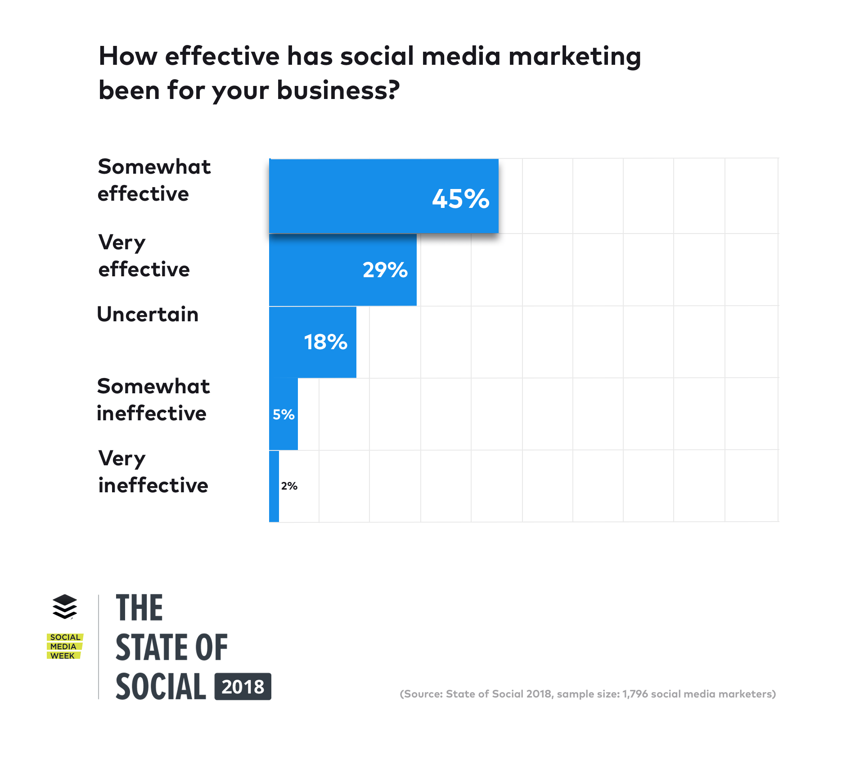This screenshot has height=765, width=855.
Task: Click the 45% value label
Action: (460, 198)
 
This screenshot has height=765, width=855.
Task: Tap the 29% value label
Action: (385, 270)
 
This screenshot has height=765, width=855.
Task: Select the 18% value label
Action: (326, 342)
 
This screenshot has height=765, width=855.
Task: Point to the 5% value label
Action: (283, 414)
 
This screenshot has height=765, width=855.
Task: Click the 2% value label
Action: (289, 486)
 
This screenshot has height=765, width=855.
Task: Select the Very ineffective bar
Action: (274, 486)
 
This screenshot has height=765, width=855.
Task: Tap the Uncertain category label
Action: (148, 314)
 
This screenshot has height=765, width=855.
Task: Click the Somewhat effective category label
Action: (154, 180)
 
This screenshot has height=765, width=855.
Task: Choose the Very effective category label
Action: (144, 256)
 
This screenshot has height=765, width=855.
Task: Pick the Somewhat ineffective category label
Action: (153, 400)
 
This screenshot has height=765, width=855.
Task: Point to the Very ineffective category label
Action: (153, 472)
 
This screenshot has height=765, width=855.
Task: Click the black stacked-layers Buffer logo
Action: (65, 607)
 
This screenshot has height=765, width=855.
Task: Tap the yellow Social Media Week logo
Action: (65, 646)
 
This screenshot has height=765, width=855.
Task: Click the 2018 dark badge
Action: (243, 687)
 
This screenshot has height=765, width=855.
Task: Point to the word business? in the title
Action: (338, 90)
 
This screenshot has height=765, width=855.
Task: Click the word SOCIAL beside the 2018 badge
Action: (161, 687)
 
